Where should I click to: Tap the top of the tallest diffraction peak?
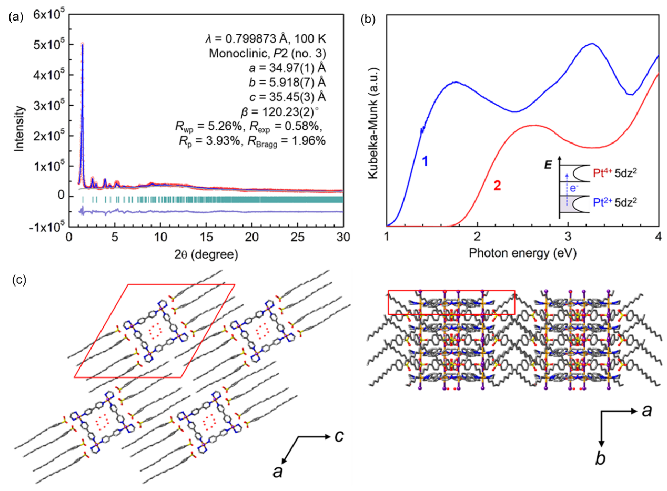point(83,45)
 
